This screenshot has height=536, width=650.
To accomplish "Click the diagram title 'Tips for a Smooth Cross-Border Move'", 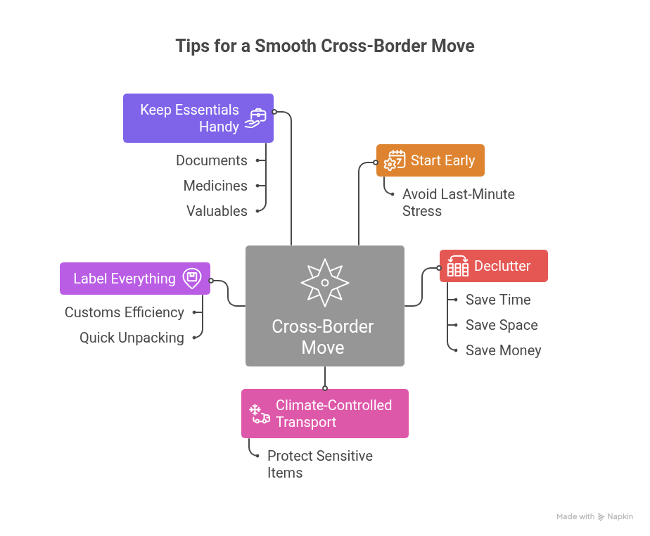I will coord(324,46).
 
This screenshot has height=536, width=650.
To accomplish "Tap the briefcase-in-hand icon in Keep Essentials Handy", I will coord(255,119).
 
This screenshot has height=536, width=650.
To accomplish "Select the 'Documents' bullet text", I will coord(211,160).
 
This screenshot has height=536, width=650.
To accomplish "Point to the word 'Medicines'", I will coord(215,186).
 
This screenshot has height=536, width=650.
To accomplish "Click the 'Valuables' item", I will coord(217,211).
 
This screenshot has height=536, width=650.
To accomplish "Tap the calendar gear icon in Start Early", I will coord(395,161).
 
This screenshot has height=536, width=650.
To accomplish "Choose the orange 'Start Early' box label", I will coord(442,160).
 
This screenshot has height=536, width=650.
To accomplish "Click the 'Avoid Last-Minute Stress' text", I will coord(458,203).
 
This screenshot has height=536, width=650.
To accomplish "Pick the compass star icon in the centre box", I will coord(324,282).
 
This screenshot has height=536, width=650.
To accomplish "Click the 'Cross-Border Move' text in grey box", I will coord(323,337).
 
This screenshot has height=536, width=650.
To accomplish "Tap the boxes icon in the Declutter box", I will coord(458,266).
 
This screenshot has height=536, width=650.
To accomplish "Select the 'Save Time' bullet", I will coord(497,300).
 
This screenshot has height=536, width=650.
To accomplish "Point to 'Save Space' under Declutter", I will coord(501,325).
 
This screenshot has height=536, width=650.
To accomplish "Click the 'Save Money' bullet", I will coord(503,350).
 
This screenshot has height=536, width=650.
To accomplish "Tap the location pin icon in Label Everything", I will coord(191,278).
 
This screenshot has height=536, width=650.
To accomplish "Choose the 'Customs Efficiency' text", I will coord(125,312).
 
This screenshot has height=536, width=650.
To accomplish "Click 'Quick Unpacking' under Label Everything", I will coord(132,338).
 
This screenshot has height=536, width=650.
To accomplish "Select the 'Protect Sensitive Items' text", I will coord(319,464).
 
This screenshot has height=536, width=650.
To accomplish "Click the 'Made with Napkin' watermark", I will coord(594,516).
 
